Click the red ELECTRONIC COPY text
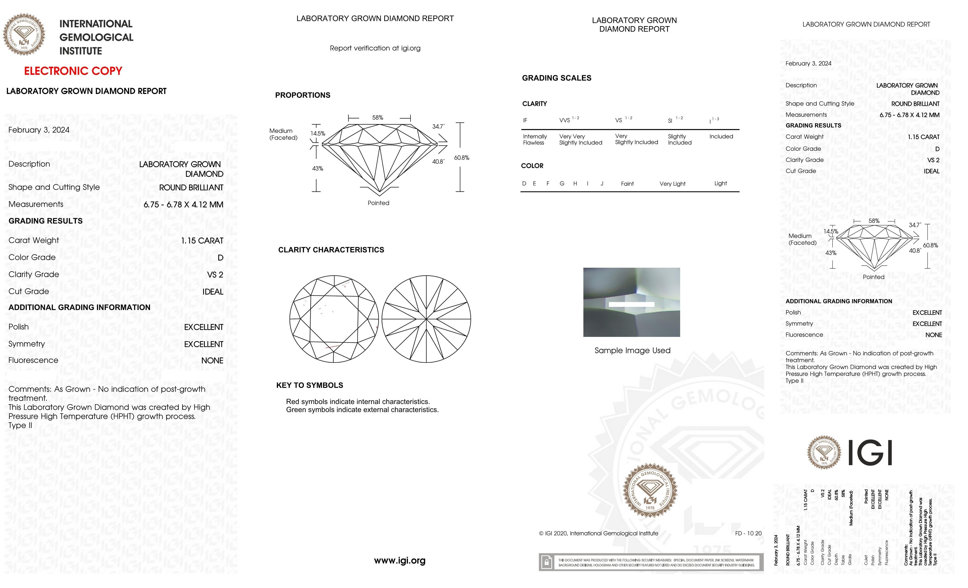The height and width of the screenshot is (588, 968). pos(73,71)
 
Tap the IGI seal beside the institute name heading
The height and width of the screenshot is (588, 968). pos(24,35)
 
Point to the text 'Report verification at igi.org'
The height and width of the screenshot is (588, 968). pos(375,48)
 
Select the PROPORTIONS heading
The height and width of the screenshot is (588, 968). pos(302,95)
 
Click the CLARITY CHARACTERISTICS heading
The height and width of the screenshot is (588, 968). pos(331,250)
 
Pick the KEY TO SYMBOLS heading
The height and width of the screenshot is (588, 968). pos(310,385)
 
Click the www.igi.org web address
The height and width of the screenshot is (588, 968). pos(400,561)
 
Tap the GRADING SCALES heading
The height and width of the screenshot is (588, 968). pos(556,78)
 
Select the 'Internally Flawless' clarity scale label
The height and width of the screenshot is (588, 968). pos(535,140)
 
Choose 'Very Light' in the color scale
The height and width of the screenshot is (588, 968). pos(672,184)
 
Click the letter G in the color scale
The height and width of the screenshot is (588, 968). pos(562,184)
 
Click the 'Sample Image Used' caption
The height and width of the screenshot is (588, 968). pos(632,350)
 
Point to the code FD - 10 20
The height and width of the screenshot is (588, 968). pos(748,533)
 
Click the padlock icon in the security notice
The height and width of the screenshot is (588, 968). pos(546,562)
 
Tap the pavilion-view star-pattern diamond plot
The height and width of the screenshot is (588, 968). pos(426,319)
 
